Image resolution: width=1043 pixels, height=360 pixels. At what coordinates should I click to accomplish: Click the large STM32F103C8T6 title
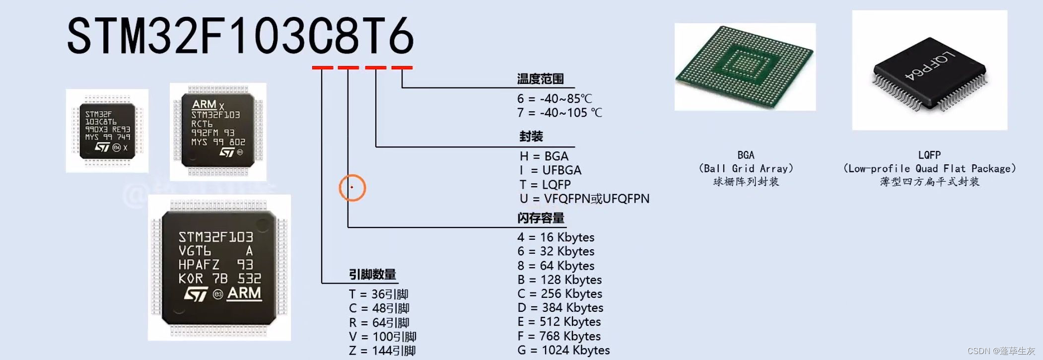(240, 36)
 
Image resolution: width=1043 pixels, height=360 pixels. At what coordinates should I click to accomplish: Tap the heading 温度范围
(540, 79)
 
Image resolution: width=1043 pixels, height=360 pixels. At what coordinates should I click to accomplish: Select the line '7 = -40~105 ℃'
(559, 113)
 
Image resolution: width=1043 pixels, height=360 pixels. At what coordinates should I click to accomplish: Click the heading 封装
(531, 137)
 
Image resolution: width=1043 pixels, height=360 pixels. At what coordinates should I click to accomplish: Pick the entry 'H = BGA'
(544, 156)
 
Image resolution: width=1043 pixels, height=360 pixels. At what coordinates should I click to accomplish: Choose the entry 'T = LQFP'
(545, 185)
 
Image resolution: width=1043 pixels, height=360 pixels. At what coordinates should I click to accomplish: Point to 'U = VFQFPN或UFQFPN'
(584, 199)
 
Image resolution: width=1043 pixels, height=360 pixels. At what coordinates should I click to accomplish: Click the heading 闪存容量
(541, 218)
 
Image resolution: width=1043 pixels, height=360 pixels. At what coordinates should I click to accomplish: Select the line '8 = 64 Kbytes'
(556, 266)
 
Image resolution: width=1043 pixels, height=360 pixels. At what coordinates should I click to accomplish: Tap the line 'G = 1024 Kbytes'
(563, 350)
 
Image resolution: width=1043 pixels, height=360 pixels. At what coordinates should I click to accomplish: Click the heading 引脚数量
(372, 275)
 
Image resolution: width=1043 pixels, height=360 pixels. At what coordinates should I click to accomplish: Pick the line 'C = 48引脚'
(379, 308)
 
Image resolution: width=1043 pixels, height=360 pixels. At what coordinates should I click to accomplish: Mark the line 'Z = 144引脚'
(382, 351)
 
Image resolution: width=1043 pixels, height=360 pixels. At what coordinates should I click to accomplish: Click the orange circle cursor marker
(352, 188)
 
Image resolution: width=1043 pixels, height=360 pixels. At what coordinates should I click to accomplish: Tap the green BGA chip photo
(744, 67)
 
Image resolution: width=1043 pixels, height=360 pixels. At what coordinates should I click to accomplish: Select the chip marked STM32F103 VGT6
(219, 267)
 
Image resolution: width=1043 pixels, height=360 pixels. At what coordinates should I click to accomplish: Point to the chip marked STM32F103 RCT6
(218, 131)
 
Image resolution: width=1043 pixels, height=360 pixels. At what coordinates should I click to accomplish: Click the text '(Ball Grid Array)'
(746, 168)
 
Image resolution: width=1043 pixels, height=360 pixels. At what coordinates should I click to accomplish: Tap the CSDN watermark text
(1001, 351)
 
